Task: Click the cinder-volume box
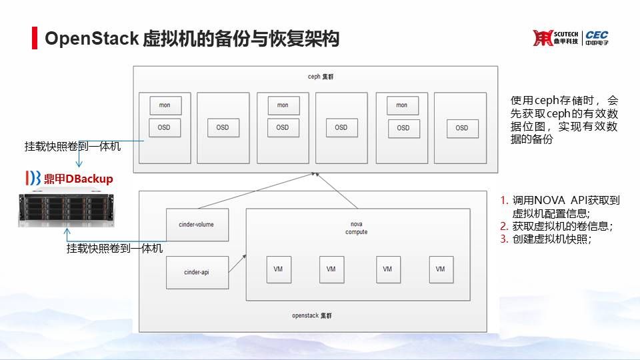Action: [197, 225]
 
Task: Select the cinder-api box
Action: [197, 272]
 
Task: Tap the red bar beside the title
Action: [35, 39]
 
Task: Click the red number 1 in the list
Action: [504, 200]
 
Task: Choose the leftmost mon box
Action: [165, 105]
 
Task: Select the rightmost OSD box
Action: [461, 128]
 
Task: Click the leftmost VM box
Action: [278, 269]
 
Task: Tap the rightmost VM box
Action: [440, 269]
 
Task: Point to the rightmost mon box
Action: [401, 105]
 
